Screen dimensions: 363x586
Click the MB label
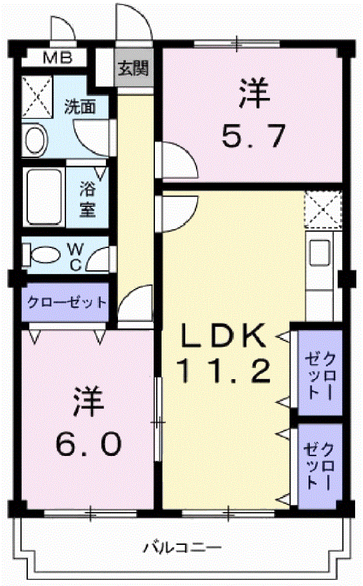(57, 58)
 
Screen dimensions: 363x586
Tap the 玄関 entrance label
(133, 68)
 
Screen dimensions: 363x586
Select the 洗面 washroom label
(80, 107)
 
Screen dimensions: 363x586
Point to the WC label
(76, 256)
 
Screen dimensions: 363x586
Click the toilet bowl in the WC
(42, 255)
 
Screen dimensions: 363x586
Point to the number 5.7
(253, 136)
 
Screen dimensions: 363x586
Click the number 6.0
(88, 444)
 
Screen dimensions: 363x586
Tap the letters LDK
(224, 335)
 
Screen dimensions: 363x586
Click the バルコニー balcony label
(183, 548)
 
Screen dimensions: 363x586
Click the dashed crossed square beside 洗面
(37, 96)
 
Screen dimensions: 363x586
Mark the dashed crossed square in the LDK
(323, 209)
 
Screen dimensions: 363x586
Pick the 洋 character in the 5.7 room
(255, 93)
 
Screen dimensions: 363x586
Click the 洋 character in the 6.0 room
(88, 402)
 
